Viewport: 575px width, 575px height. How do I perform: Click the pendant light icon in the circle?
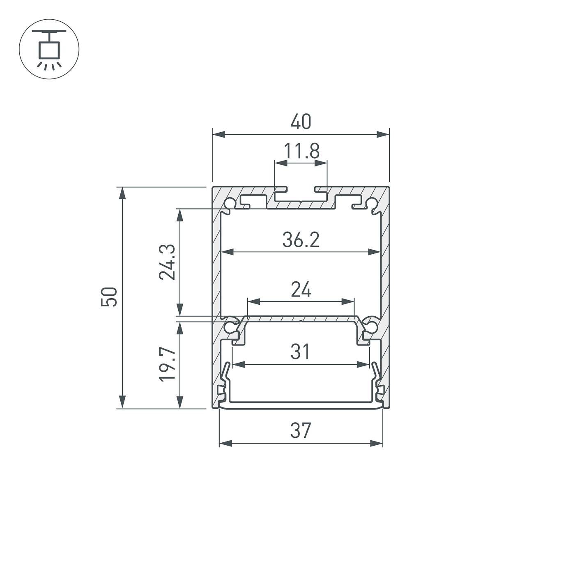click(49, 49)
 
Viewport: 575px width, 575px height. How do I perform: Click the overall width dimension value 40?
click(301, 122)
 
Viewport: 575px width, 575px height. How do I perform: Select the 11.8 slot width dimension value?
click(301, 151)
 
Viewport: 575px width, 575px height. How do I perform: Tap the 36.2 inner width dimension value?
click(301, 240)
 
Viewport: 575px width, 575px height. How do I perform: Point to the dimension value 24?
click(301, 290)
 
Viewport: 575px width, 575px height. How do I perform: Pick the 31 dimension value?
click(300, 352)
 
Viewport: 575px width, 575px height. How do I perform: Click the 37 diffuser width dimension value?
click(301, 431)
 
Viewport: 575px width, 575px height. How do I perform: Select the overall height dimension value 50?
click(109, 297)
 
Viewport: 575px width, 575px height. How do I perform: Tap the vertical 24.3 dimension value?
click(168, 262)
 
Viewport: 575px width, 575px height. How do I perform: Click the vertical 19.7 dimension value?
click(168, 364)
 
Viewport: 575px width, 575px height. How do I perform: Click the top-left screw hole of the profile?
click(230, 204)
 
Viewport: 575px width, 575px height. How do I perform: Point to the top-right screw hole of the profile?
click(372, 204)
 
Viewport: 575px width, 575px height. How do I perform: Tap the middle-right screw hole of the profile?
click(371, 327)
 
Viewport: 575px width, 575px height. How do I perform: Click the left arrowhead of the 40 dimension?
click(218, 134)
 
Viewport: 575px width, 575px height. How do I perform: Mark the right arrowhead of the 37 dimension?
click(377, 443)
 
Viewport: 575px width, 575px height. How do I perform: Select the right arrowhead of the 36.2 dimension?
click(375, 252)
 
